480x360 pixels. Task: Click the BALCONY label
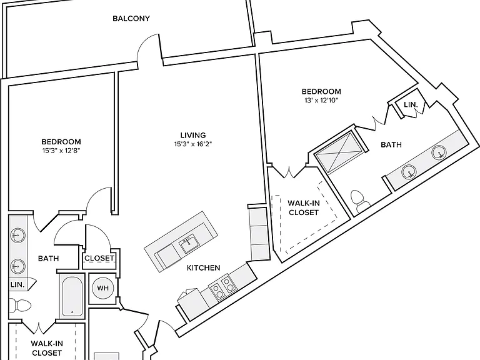(x=131, y=19)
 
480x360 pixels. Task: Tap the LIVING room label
(x=193, y=135)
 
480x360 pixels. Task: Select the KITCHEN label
(x=204, y=268)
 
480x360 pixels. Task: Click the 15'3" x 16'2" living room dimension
(x=193, y=144)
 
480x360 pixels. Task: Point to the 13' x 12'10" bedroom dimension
(x=321, y=100)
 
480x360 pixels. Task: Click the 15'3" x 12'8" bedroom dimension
(x=61, y=150)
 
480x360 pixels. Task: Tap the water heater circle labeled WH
(x=103, y=287)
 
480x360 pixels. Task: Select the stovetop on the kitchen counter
(x=221, y=287)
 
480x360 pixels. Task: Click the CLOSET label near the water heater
(x=99, y=258)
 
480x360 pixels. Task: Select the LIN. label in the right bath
(x=411, y=104)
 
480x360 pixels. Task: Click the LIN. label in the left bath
(x=17, y=284)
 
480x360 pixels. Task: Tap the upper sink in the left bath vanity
(x=18, y=236)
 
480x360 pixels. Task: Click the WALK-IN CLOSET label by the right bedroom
(x=304, y=207)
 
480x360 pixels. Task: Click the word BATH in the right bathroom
(x=391, y=144)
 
